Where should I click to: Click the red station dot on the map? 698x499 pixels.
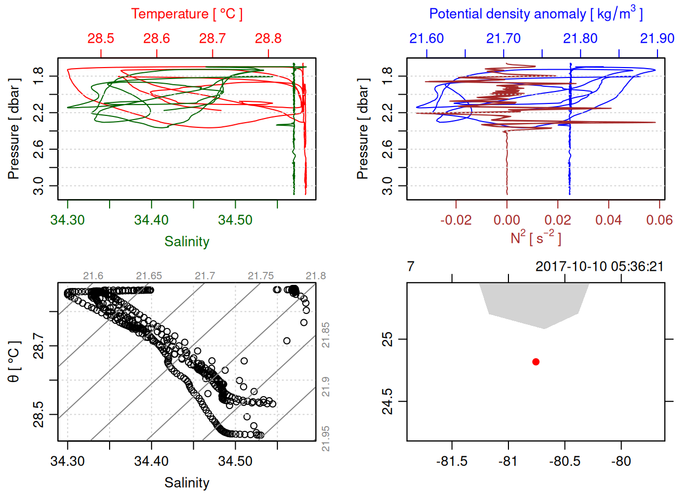(x=535, y=362)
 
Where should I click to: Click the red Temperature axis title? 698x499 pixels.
(x=186, y=14)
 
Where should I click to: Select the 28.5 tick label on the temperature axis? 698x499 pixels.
(x=101, y=38)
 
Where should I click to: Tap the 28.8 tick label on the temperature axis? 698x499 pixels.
(x=269, y=38)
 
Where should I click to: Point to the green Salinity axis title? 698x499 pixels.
(x=186, y=242)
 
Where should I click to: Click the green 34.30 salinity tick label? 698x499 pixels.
(x=68, y=220)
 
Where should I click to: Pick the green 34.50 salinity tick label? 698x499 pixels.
(x=235, y=220)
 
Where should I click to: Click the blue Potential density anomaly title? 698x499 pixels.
(x=535, y=14)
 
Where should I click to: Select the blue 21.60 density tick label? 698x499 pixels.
(x=426, y=38)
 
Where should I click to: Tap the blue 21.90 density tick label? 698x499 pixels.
(x=657, y=38)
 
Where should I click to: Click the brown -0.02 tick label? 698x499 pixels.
(x=455, y=220)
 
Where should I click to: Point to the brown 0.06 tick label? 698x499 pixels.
(x=659, y=220)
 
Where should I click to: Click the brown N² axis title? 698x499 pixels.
(x=535, y=238)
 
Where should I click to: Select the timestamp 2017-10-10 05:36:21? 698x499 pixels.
(x=599, y=267)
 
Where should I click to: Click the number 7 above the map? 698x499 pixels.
(x=411, y=267)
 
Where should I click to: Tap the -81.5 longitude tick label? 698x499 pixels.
(x=452, y=461)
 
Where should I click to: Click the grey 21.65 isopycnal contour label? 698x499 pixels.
(x=149, y=276)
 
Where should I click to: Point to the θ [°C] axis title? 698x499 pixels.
(x=14, y=362)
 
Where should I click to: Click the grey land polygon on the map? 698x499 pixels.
(x=535, y=304)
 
